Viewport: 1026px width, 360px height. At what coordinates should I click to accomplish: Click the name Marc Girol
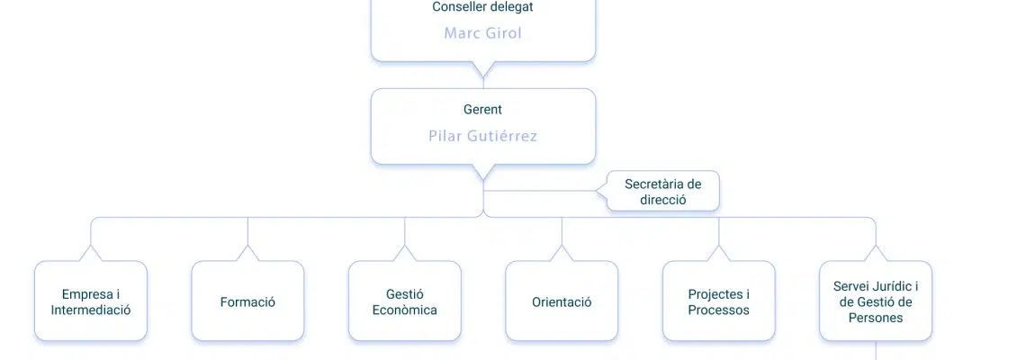[483, 33]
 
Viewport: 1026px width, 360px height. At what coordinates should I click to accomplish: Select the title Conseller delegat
[483, 7]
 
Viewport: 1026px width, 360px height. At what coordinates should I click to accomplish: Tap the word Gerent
[483, 109]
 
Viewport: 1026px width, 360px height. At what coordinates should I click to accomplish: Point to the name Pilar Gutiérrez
[483, 136]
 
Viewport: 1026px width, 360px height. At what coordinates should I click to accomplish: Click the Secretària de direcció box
[662, 191]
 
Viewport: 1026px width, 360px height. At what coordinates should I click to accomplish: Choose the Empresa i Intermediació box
[91, 301]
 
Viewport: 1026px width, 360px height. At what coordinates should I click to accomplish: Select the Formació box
[248, 301]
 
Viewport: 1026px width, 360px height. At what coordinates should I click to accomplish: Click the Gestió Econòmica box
[405, 301]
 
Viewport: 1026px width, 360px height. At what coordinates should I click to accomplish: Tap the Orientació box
[562, 301]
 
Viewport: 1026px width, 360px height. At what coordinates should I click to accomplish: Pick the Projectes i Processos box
[719, 301]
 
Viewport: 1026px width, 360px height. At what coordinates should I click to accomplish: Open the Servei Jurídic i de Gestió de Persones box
[877, 301]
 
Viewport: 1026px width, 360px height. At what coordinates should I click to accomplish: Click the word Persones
[876, 318]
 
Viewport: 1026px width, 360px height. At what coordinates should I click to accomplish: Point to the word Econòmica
[404, 310]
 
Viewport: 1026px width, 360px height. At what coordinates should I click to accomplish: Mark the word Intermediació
[91, 310]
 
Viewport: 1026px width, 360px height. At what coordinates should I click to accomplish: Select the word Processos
[719, 310]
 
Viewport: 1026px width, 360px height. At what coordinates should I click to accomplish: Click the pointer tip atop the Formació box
[248, 246]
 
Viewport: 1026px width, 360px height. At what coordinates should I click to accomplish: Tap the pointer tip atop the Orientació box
[562, 246]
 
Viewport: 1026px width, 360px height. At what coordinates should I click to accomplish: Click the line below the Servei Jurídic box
[877, 350]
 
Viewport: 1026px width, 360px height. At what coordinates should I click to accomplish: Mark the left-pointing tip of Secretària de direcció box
[597, 191]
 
